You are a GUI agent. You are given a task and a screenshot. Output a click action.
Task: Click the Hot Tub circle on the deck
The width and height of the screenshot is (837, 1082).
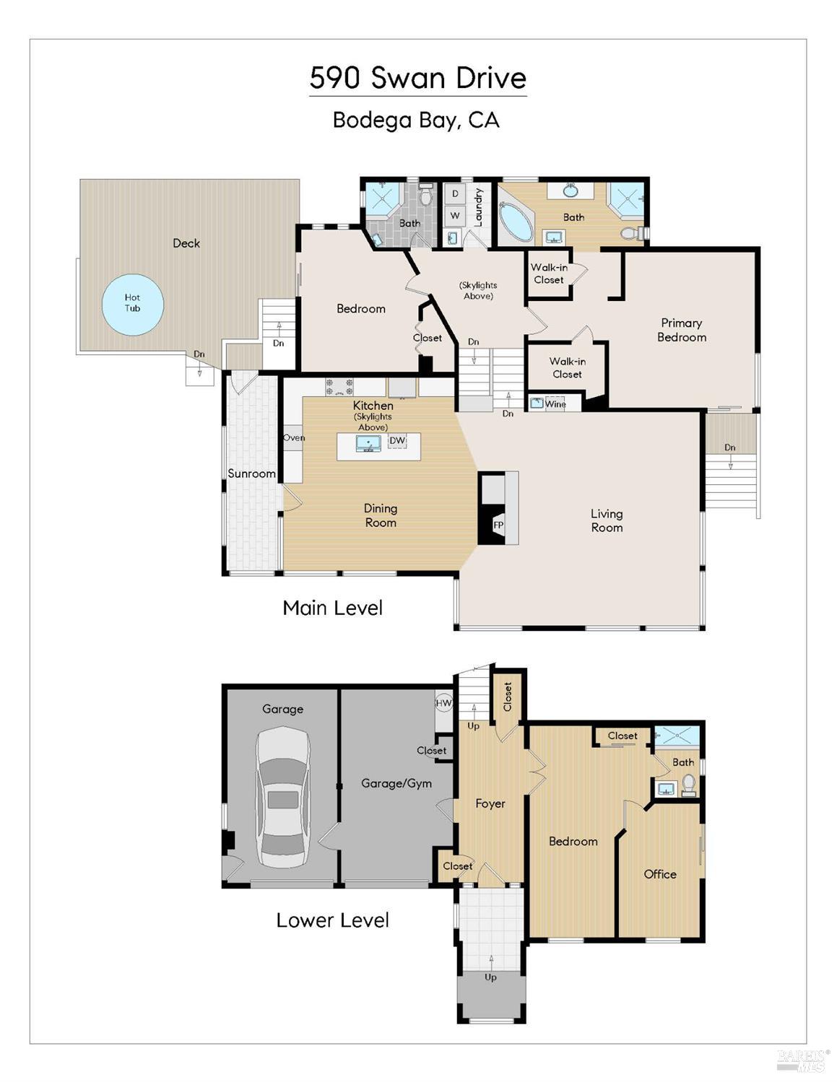133,305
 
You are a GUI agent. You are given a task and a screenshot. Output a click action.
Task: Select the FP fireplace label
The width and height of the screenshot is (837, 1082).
498,525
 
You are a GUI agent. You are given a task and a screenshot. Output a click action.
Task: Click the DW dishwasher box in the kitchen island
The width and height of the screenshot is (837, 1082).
397,440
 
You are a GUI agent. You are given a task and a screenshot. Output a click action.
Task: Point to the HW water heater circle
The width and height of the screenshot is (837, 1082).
443,703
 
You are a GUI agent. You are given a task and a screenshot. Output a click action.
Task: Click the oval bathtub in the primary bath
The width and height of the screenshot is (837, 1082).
515,223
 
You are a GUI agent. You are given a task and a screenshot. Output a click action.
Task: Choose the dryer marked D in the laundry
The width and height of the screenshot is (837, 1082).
455,194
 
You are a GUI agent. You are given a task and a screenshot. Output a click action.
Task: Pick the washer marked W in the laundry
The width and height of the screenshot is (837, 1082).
455,216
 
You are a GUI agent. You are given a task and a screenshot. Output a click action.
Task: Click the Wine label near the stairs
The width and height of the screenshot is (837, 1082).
555,403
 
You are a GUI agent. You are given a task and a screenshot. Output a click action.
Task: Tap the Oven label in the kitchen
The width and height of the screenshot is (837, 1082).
294,437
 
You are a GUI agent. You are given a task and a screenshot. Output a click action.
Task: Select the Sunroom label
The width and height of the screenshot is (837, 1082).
251,474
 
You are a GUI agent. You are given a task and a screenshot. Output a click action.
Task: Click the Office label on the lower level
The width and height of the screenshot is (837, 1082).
660,874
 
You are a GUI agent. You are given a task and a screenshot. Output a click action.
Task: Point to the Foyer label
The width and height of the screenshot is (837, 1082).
490,803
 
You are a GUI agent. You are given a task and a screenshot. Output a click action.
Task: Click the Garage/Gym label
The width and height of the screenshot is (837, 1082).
396,784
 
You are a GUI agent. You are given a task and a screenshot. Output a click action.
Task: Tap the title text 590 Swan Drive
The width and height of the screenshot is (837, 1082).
418,78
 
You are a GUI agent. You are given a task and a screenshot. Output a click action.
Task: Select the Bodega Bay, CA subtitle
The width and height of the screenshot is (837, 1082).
416,121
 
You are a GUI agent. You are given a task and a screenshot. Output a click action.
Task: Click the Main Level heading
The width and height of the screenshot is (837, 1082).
333,608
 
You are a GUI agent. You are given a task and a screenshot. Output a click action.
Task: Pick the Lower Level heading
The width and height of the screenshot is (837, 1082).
333,920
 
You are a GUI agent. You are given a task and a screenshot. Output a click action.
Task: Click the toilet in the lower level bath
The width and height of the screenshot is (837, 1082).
688,785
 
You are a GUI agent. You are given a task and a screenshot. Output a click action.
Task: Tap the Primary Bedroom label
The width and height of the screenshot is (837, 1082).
682,330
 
